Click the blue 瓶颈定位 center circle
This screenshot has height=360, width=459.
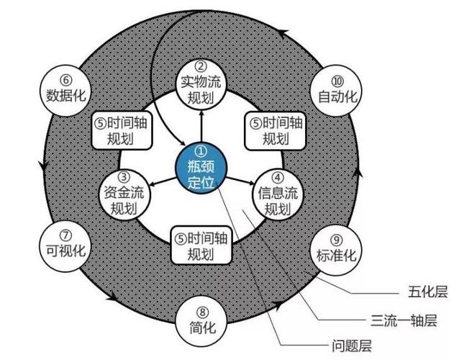pos(201,168)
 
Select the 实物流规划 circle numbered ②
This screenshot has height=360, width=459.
pos(201,85)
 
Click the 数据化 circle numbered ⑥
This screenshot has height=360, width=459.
pos(65,91)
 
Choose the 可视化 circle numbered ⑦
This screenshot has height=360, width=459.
pos(65,246)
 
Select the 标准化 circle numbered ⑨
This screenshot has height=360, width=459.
pos(337,250)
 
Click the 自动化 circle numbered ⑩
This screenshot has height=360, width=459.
pos(337,91)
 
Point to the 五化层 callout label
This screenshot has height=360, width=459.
pos(427,292)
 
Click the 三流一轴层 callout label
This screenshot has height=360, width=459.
pos(404,320)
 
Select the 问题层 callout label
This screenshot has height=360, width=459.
pos(352,346)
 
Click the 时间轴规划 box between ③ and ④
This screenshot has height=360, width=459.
pos(201,246)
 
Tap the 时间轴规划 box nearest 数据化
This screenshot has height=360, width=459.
pos(122,130)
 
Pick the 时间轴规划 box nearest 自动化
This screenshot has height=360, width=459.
pos(275,130)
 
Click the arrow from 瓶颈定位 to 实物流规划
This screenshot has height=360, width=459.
pos(201,126)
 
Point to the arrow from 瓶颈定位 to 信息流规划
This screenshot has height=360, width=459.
pos(240,181)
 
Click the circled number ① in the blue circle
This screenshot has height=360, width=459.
pos(201,151)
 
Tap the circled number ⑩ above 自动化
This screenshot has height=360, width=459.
pos(337,81)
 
